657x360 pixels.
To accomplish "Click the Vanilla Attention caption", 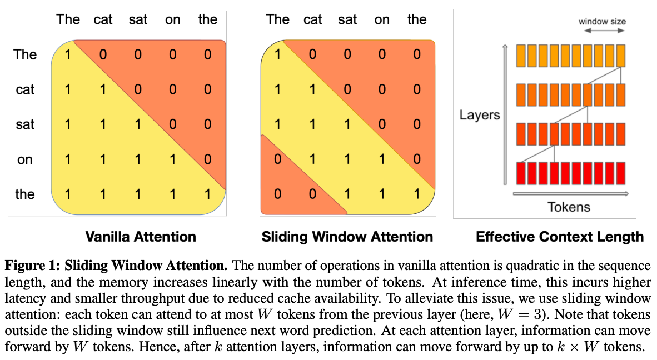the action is point(140,237).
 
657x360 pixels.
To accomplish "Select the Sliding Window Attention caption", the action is point(347,237).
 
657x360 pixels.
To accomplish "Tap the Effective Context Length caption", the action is point(559,237).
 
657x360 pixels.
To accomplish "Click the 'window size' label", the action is point(602,22).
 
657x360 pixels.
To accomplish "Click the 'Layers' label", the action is point(479,115).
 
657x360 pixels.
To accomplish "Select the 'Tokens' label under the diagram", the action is point(569,207).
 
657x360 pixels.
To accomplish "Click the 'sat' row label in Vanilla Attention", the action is point(25,124).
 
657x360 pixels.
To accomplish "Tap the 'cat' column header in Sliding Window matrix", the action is point(313,19).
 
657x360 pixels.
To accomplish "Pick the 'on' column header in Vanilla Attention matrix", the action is point(172,19).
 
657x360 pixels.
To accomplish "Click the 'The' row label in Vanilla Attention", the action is point(25,54).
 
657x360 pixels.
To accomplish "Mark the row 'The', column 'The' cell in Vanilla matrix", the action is point(68,54).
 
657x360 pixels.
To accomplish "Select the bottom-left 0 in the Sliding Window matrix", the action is point(277,194).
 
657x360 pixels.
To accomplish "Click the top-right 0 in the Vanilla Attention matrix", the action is point(207,54).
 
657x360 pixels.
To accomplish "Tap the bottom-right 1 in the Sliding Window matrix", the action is point(417,194).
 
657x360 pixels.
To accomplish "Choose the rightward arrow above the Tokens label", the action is point(570,194).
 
